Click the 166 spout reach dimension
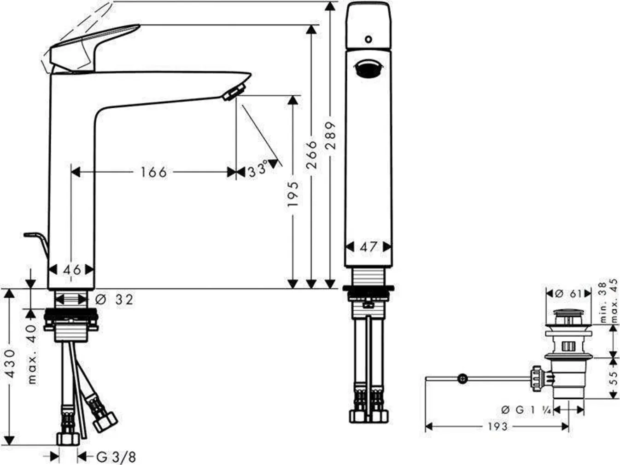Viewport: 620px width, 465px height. [x=153, y=172]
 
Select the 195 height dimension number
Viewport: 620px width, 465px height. [x=293, y=193]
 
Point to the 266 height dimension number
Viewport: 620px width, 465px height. [x=312, y=155]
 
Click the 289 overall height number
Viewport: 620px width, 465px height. [x=331, y=135]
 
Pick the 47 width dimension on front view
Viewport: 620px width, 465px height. [x=368, y=247]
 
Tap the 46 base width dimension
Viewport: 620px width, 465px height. [x=72, y=270]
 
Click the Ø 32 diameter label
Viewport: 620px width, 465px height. [x=115, y=300]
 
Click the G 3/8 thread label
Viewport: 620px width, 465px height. [x=116, y=457]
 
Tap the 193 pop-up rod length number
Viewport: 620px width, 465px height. [x=497, y=427]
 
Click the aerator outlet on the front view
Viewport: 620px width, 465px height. [x=368, y=70]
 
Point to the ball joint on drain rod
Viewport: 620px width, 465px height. [x=462, y=378]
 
